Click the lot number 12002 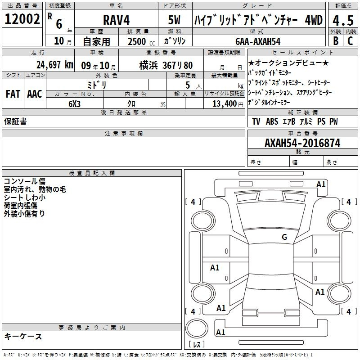point(22,19)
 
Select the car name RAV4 point(117,20)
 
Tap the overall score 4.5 point(343,20)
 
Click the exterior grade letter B point(336,40)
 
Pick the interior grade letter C point(350,40)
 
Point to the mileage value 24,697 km point(55,65)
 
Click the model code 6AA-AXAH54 point(258,41)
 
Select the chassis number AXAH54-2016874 point(302,143)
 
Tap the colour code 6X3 point(74,104)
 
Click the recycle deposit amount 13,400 point(224,103)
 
